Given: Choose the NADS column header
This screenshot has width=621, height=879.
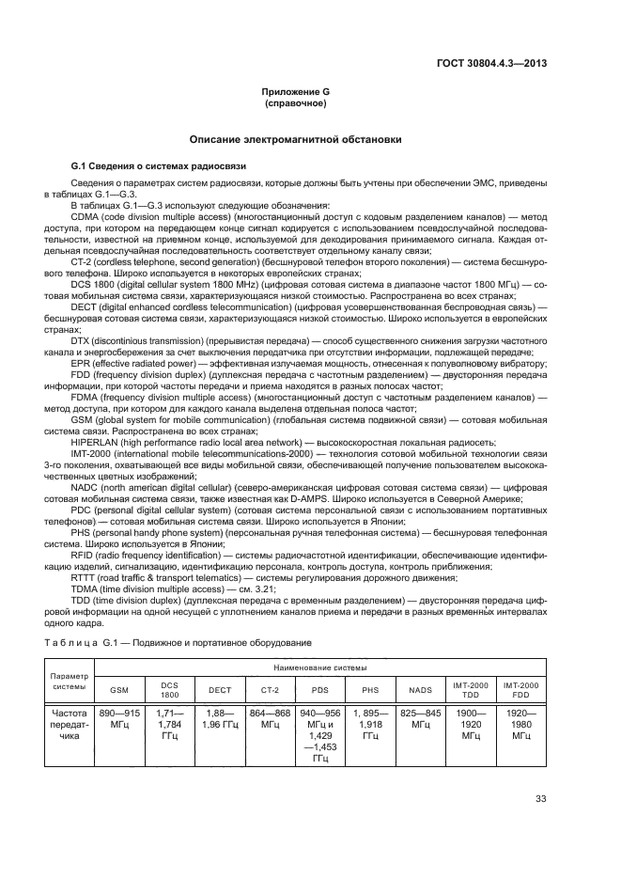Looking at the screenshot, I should pyautogui.click(x=421, y=689).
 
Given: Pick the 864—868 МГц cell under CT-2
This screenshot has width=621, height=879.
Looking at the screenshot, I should pyautogui.click(x=271, y=720).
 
